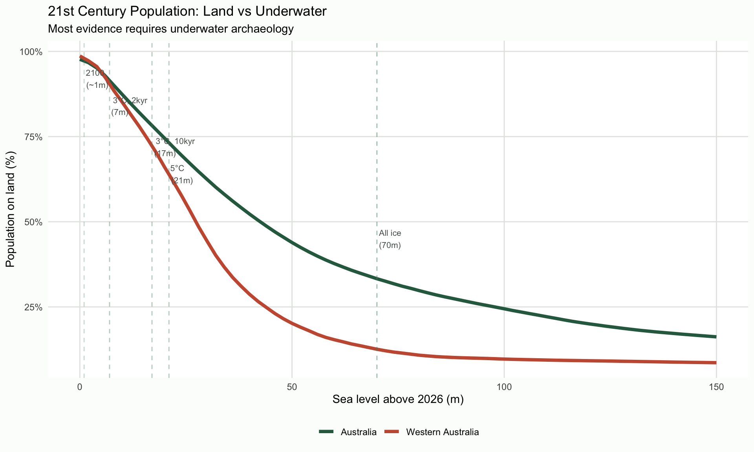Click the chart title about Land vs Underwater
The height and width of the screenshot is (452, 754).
187,11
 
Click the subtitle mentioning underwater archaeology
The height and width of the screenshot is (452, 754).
170,29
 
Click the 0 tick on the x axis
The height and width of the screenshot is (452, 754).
80,387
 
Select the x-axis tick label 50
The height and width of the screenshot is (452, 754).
292,387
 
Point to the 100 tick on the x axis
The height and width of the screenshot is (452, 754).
504,387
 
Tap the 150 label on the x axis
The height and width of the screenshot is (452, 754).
716,387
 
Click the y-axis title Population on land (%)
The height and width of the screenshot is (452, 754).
11,210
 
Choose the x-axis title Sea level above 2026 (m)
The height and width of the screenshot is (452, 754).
398,400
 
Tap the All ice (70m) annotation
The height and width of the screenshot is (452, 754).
390,239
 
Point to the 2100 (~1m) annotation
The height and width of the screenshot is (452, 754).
97,79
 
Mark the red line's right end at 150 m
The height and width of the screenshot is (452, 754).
716,363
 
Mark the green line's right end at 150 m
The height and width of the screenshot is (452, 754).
716,337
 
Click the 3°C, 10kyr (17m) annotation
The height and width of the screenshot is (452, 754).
174,147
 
